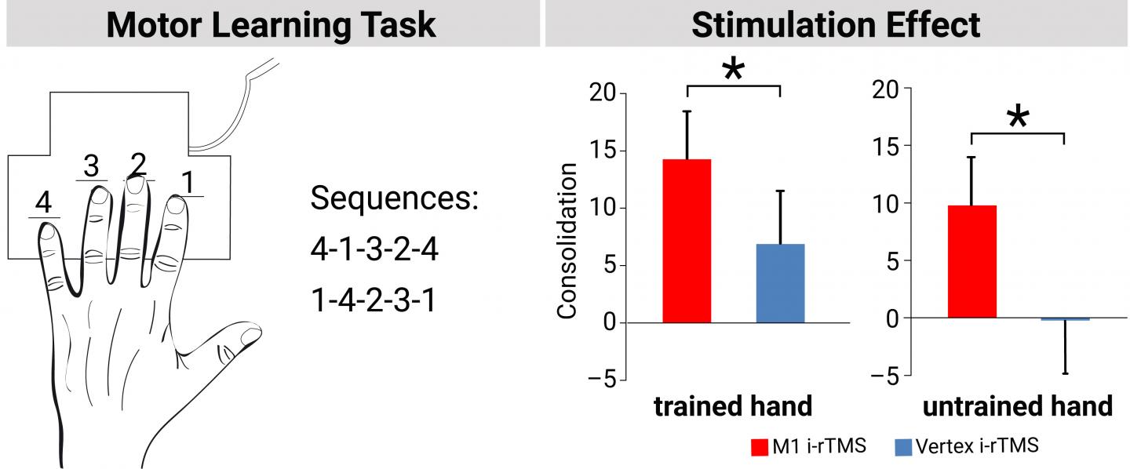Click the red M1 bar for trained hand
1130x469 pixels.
(687, 241)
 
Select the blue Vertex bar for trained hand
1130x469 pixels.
(780, 283)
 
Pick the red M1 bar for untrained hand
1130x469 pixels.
(972, 262)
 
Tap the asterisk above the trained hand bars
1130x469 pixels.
(734, 70)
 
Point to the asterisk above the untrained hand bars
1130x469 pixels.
(1018, 117)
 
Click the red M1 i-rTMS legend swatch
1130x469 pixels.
(760, 447)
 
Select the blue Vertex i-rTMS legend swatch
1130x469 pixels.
(903, 447)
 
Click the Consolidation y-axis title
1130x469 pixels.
(567, 241)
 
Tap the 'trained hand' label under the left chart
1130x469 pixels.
(733, 406)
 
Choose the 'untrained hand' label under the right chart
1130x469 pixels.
(1018, 406)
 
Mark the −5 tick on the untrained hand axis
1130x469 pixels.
(885, 376)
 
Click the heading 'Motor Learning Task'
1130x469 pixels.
(271, 25)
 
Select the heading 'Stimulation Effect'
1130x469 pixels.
(836, 25)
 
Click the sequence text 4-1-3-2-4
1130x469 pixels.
(374, 249)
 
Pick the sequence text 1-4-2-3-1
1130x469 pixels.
(374, 300)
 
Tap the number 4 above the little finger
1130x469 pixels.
(43, 202)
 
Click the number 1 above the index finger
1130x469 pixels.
(188, 182)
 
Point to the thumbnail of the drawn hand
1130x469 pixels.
(251, 336)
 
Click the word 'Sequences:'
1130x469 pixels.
(395, 198)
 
